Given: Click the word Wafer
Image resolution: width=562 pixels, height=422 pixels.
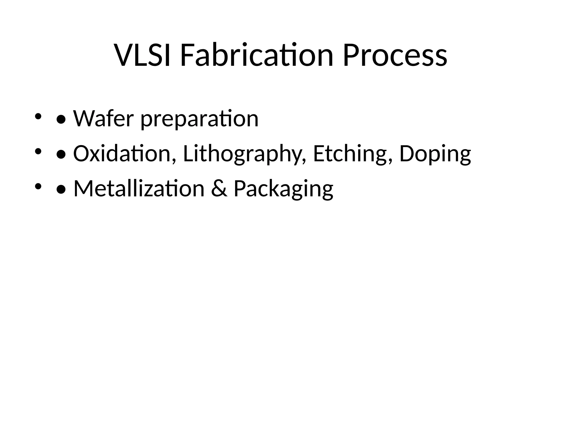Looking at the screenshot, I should (103, 119).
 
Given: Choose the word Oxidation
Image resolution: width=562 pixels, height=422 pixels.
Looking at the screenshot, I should (122, 154).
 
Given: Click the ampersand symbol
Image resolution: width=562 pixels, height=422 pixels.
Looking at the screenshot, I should (219, 189).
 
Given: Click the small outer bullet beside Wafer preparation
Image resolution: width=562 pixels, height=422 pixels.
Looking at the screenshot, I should (38, 116).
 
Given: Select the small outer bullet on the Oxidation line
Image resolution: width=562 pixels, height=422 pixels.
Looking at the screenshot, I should (38, 151).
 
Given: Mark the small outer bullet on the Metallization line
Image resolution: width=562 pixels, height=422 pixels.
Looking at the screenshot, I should (38, 187).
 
